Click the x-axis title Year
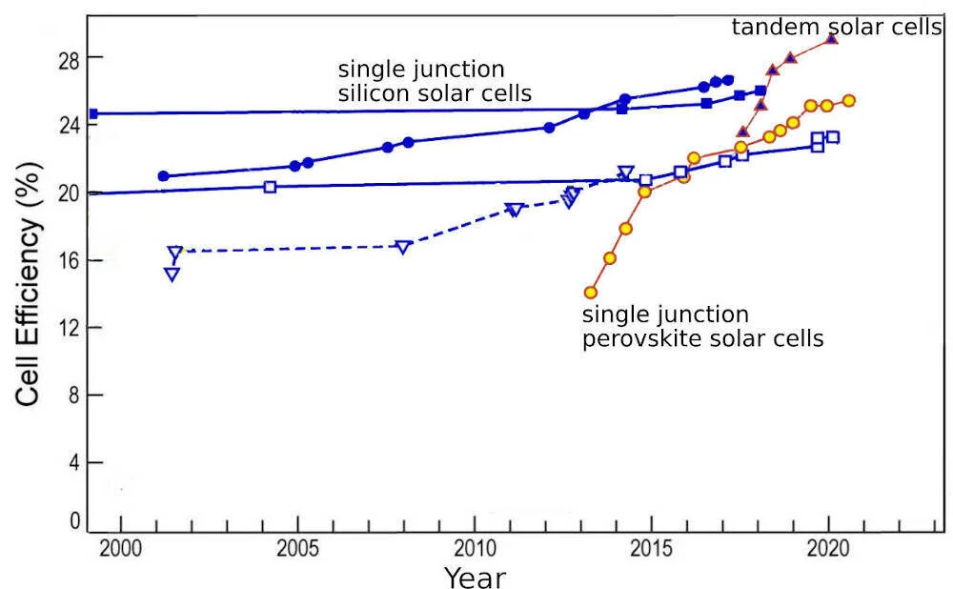tap(475, 576)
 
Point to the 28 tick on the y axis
tap(60, 58)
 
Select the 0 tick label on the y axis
tap(66, 520)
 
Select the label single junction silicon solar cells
tap(435, 82)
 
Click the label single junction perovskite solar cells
tap(702, 326)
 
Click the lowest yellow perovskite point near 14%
tap(591, 293)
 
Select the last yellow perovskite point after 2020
tap(849, 100)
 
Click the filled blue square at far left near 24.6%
tap(92, 114)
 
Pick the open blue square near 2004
tap(270, 187)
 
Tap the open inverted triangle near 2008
tap(403, 247)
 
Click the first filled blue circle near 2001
tap(163, 176)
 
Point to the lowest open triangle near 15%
tap(172, 274)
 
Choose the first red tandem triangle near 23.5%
tap(743, 132)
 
